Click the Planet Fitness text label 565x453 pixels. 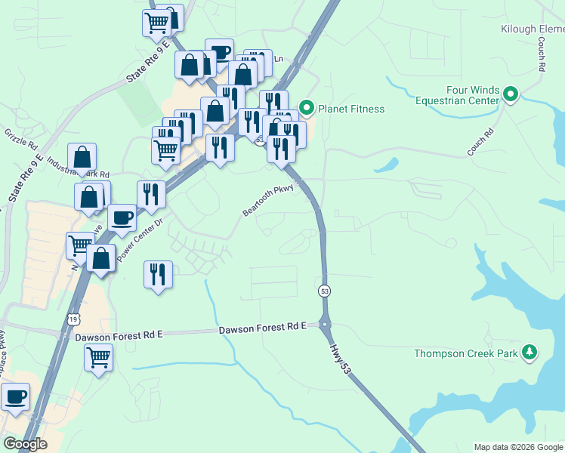(351, 109)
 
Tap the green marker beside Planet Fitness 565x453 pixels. (307, 109)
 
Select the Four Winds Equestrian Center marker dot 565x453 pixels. (511, 94)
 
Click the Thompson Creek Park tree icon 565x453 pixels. (530, 353)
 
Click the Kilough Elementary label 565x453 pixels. (533, 29)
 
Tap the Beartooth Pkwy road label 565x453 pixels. (267, 201)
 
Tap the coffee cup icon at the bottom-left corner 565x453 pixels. (15, 396)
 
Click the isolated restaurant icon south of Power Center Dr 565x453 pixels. (158, 274)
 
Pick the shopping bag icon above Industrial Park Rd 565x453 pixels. (82, 158)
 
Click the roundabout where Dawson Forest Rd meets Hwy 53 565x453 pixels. (326, 325)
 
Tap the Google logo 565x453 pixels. (25, 444)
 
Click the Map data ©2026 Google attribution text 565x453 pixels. (518, 447)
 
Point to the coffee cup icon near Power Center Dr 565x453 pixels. (122, 218)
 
